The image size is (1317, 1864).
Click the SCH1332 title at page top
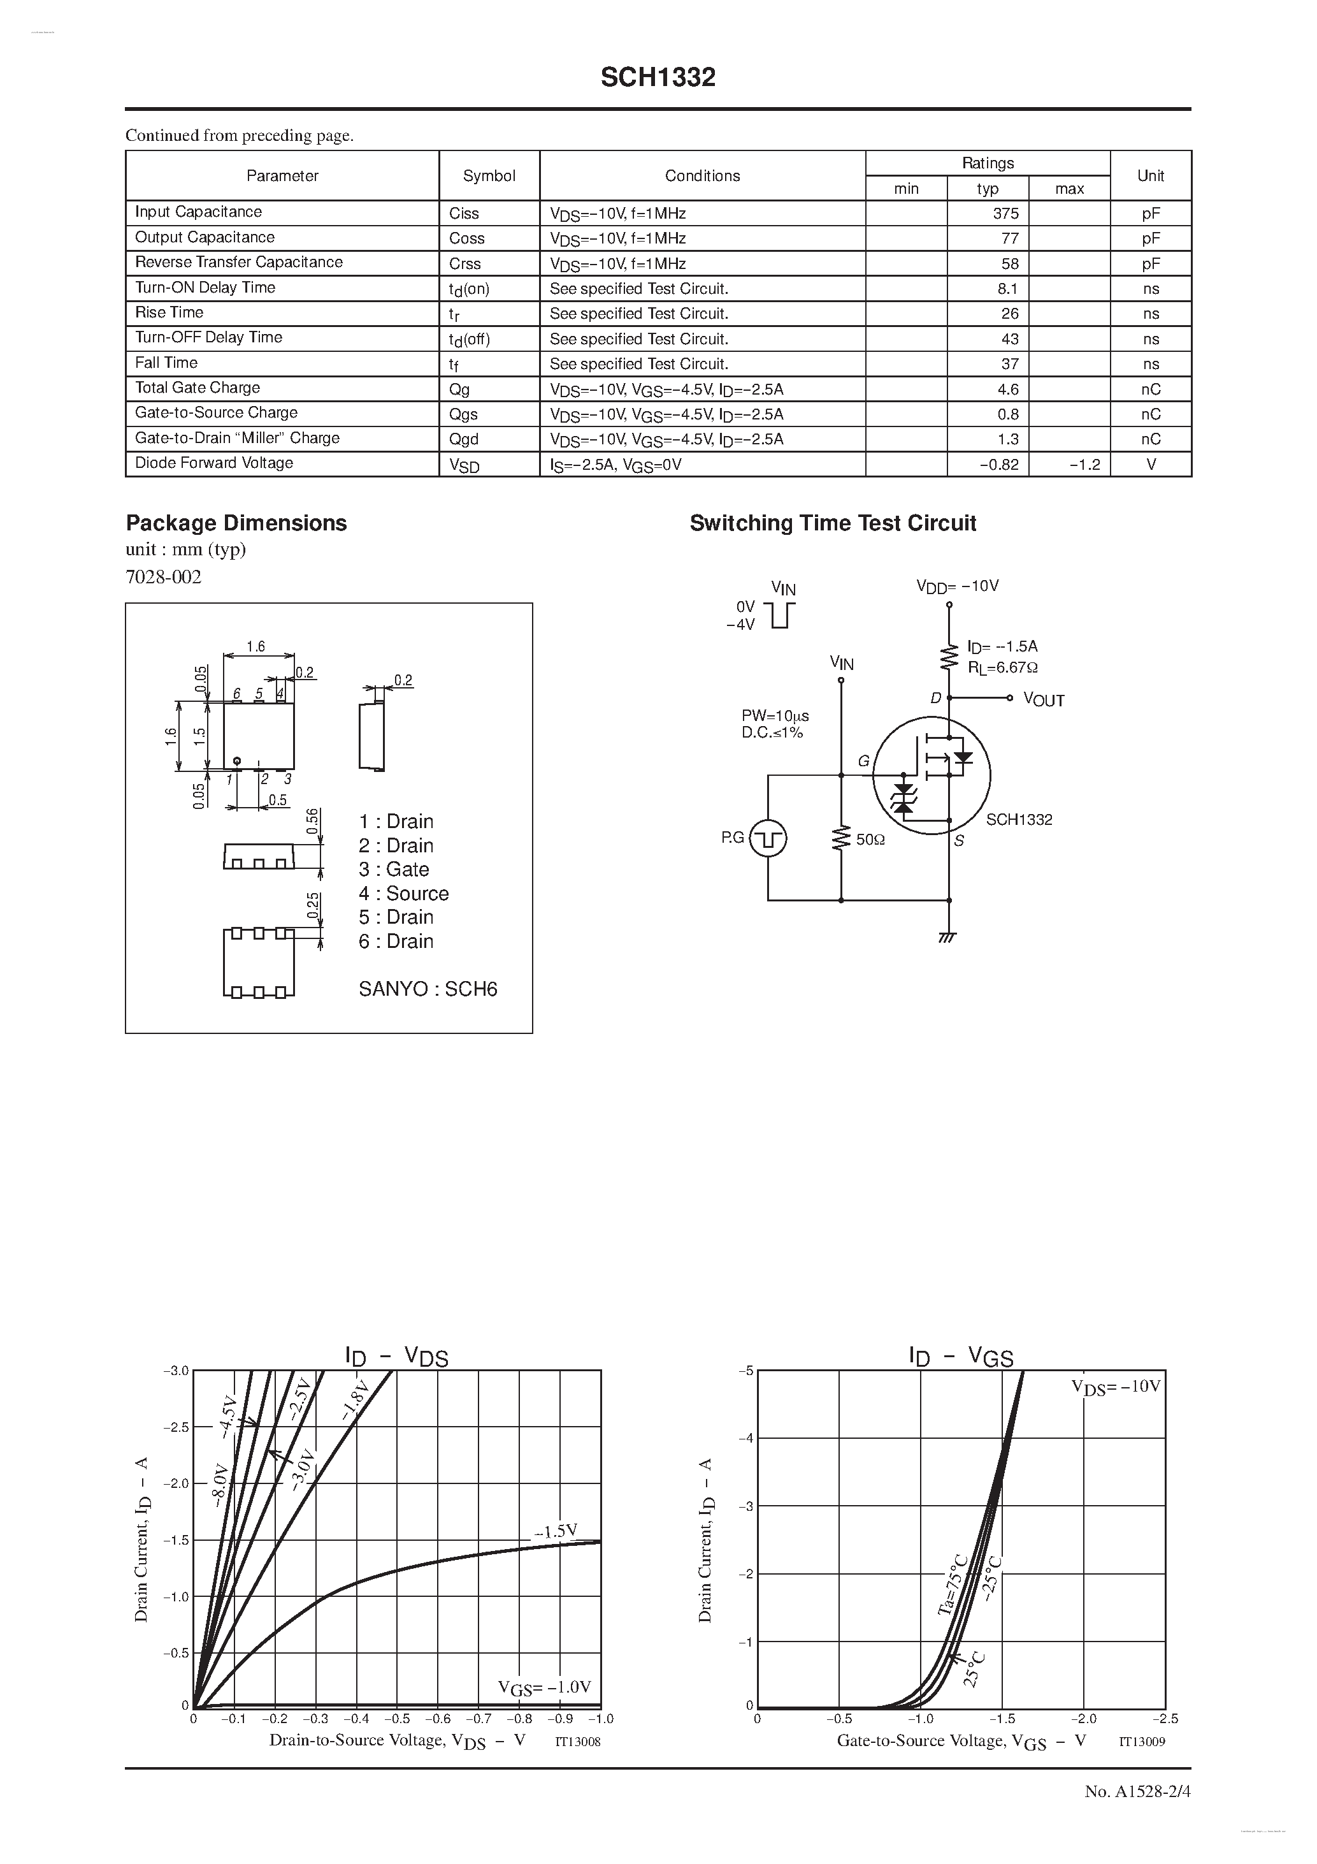(658, 78)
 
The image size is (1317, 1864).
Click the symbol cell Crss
(465, 264)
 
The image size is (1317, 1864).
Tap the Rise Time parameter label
(169, 312)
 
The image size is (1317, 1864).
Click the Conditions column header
(702, 175)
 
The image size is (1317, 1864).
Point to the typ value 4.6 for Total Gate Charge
(1008, 389)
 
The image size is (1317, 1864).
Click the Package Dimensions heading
(236, 523)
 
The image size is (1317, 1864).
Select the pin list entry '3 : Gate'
(394, 870)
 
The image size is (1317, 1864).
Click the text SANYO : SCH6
(428, 989)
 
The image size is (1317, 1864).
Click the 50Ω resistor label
(870, 840)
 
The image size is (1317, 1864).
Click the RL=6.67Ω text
(1002, 667)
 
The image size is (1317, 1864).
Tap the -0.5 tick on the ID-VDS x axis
(397, 1719)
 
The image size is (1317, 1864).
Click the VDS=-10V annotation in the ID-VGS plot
(1116, 1387)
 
